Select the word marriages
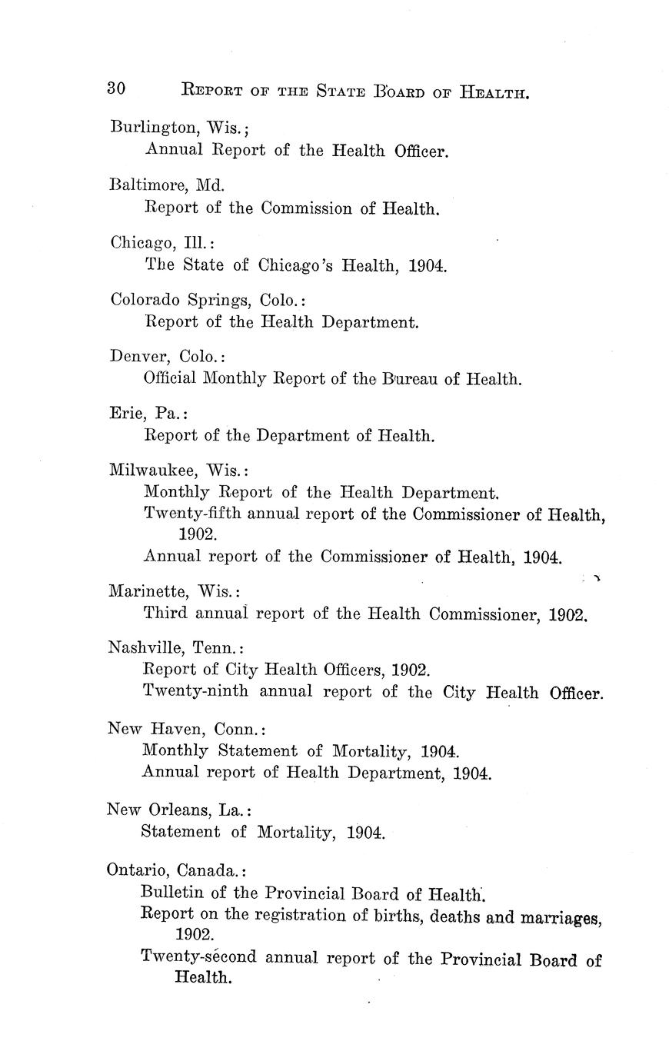pos(558,917)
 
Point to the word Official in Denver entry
pos(169,379)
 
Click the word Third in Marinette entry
pos(164,614)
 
